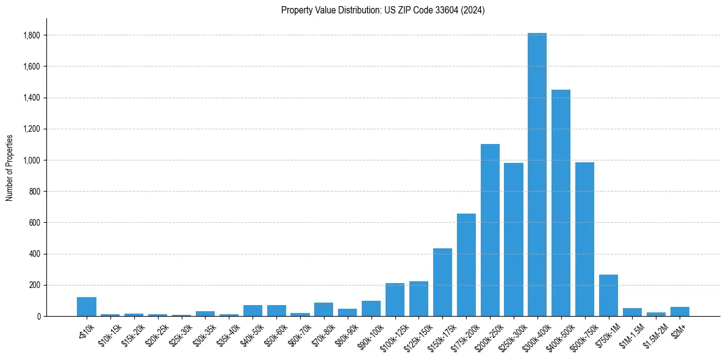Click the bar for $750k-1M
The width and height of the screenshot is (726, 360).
(608, 295)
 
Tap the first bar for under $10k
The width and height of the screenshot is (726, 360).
(87, 306)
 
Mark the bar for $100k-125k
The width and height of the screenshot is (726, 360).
(395, 300)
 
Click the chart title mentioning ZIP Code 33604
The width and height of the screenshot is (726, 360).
(383, 10)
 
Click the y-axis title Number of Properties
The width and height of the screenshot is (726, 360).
(10, 167)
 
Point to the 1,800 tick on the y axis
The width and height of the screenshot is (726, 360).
(31, 35)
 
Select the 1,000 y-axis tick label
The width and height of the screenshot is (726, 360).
(31, 160)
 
